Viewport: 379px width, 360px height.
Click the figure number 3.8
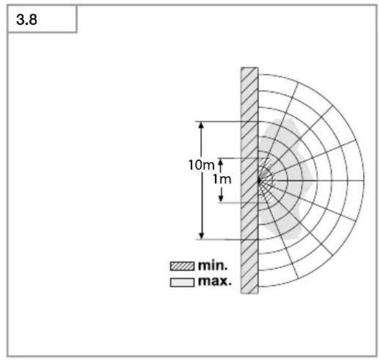[26, 20]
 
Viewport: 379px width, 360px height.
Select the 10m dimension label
[201, 165]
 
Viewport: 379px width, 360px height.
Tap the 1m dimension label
[222, 179]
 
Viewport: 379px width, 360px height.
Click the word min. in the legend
[213, 266]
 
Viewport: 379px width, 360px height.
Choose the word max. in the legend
[215, 281]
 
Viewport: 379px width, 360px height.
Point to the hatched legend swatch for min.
[182, 266]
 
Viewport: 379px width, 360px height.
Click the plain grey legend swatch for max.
[182, 282]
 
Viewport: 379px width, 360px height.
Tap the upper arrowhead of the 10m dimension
[201, 124]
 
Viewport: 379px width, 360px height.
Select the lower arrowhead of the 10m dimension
[201, 236]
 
